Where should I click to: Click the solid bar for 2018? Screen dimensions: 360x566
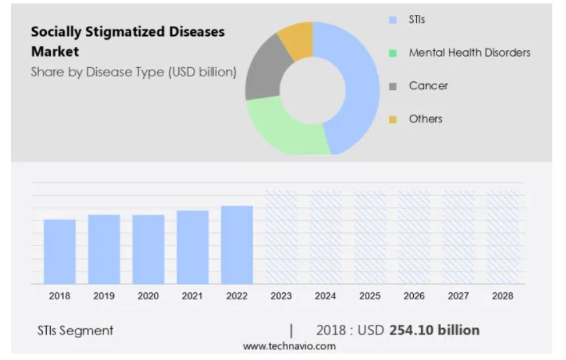point(60,251)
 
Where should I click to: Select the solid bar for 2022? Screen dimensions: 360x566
point(237,245)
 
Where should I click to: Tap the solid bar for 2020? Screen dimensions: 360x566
point(148,249)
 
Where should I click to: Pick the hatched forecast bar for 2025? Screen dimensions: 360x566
point(370,237)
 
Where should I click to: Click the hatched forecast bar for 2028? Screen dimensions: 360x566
point(503,237)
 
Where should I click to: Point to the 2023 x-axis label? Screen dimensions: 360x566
point(281,296)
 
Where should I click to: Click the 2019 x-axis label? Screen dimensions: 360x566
point(104,296)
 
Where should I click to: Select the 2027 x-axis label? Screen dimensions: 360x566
point(459,296)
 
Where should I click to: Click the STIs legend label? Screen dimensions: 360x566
point(417,20)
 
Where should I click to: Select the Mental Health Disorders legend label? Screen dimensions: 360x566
point(469,53)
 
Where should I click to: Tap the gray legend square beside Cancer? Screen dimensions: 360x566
point(393,86)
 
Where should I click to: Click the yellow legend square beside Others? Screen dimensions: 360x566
point(393,119)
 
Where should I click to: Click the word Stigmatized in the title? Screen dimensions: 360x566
point(124,32)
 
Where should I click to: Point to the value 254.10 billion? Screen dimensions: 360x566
point(434,330)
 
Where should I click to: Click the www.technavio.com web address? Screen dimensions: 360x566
point(290,346)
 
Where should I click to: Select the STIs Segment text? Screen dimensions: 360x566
point(75,331)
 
